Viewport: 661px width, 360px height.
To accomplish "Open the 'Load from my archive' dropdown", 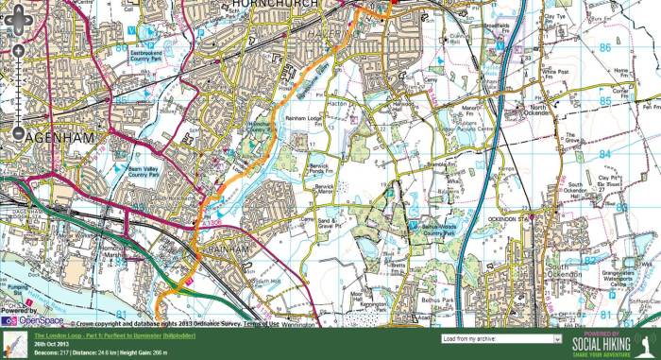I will pyautogui.click(x=501, y=337).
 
